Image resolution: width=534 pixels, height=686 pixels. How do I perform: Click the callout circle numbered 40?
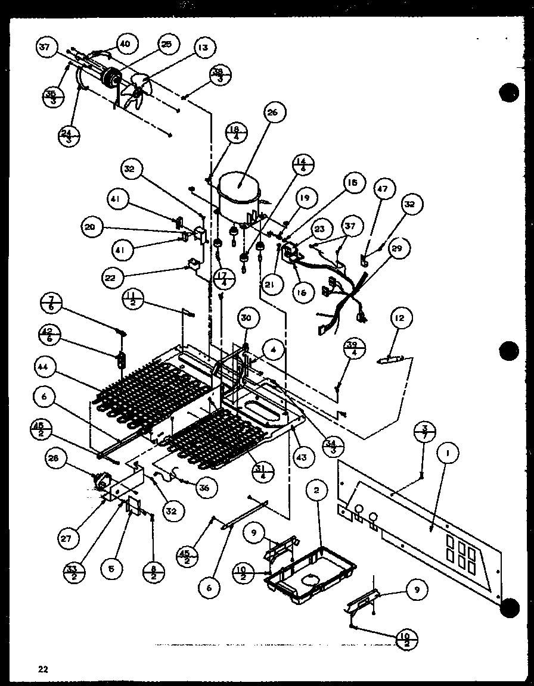pyautogui.click(x=126, y=44)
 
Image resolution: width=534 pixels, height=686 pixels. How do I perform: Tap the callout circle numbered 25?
pyautogui.click(x=166, y=44)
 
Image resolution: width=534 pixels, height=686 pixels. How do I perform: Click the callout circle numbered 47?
pyautogui.click(x=382, y=189)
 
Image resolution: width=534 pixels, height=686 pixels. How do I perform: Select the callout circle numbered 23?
pyautogui.click(x=320, y=229)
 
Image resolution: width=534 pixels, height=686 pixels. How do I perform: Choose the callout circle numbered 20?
pyautogui.click(x=93, y=226)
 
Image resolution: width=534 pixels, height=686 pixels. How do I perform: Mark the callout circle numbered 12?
pyautogui.click(x=399, y=319)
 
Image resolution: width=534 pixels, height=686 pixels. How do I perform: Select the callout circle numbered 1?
pyautogui.click(x=448, y=454)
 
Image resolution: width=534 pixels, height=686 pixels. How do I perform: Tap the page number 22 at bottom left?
pyautogui.click(x=43, y=668)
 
